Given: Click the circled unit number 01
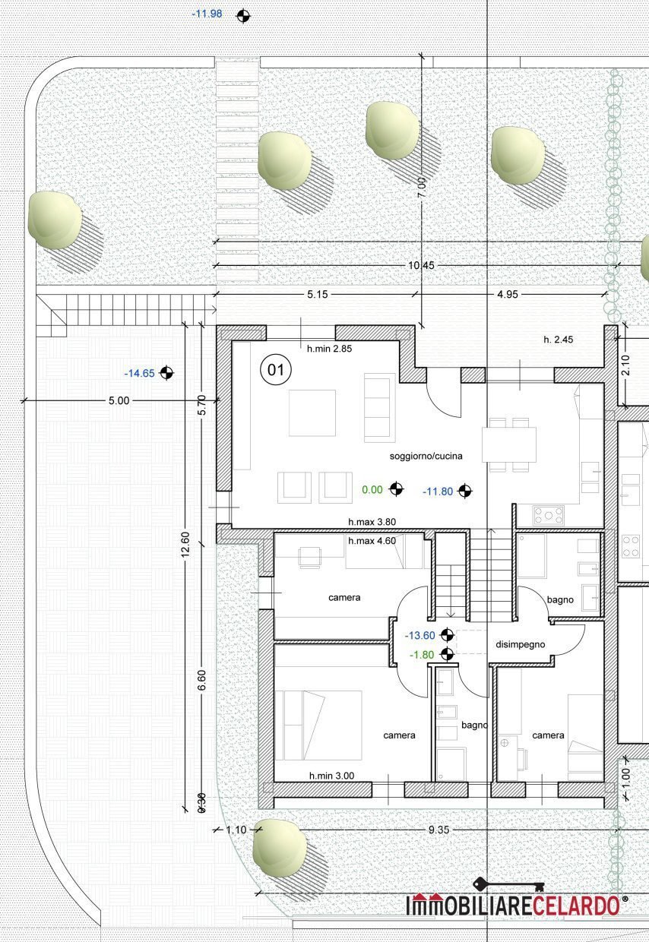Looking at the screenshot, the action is point(276,370).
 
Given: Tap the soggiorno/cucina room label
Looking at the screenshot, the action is point(426,456).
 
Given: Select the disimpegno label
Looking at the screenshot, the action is point(521,644).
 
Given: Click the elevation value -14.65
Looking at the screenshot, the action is point(140,374).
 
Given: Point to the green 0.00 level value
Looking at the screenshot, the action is point(372,489).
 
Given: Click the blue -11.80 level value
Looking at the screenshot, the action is point(438,492).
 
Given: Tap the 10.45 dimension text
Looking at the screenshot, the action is point(421,265).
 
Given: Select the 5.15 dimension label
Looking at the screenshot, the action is point(317,295).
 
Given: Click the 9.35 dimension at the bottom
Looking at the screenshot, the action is point(438,830).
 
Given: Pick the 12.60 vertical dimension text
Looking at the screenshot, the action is point(185,544).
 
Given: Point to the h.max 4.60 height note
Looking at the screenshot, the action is point(372,541).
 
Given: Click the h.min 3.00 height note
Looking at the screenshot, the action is point(331,776).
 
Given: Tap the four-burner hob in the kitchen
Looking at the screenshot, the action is point(549,516).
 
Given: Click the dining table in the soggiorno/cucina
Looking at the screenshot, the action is point(509,444).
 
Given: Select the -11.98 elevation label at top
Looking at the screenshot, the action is point(207,14).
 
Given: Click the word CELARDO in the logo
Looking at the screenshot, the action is point(576,906).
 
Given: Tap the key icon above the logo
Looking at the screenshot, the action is point(508,884).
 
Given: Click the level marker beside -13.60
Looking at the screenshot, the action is point(447,635).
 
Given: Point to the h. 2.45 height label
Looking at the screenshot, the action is point(558,340).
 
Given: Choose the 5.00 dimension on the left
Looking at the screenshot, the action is point(119,401).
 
